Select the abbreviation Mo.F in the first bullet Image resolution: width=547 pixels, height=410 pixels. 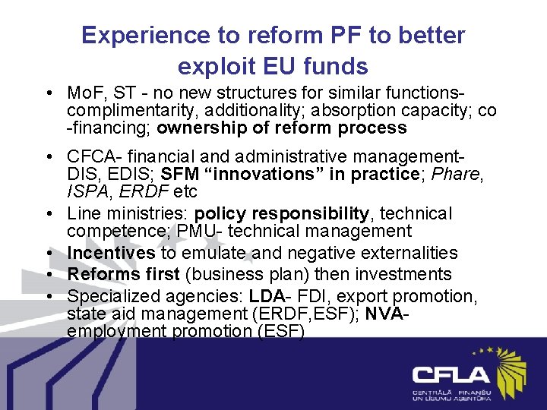(x=84, y=93)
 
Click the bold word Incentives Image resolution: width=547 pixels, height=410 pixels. (x=111, y=253)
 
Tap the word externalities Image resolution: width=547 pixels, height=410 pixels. (x=410, y=253)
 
